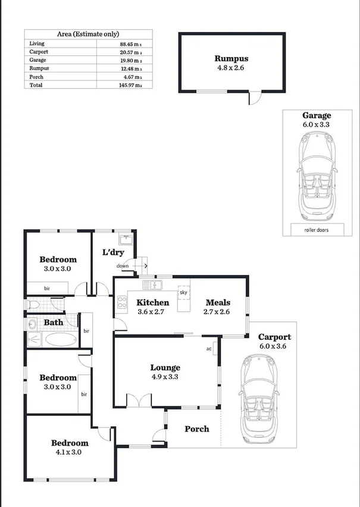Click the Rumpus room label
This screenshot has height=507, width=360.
[231, 58]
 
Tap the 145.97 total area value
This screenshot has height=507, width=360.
[130, 85]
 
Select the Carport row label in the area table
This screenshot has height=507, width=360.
[39, 52]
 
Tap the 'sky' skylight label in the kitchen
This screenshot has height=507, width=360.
[183, 293]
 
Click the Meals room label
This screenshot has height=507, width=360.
[218, 302]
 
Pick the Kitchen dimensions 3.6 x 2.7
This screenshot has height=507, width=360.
[153, 311]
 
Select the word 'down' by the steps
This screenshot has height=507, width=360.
[123, 265]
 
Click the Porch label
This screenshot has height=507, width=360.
[196, 428]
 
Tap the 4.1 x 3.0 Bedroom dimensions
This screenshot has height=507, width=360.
[70, 452]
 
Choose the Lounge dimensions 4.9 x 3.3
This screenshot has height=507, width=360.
[165, 376]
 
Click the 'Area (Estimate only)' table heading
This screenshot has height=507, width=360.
[88, 35]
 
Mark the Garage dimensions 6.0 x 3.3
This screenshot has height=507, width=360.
[317, 125]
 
